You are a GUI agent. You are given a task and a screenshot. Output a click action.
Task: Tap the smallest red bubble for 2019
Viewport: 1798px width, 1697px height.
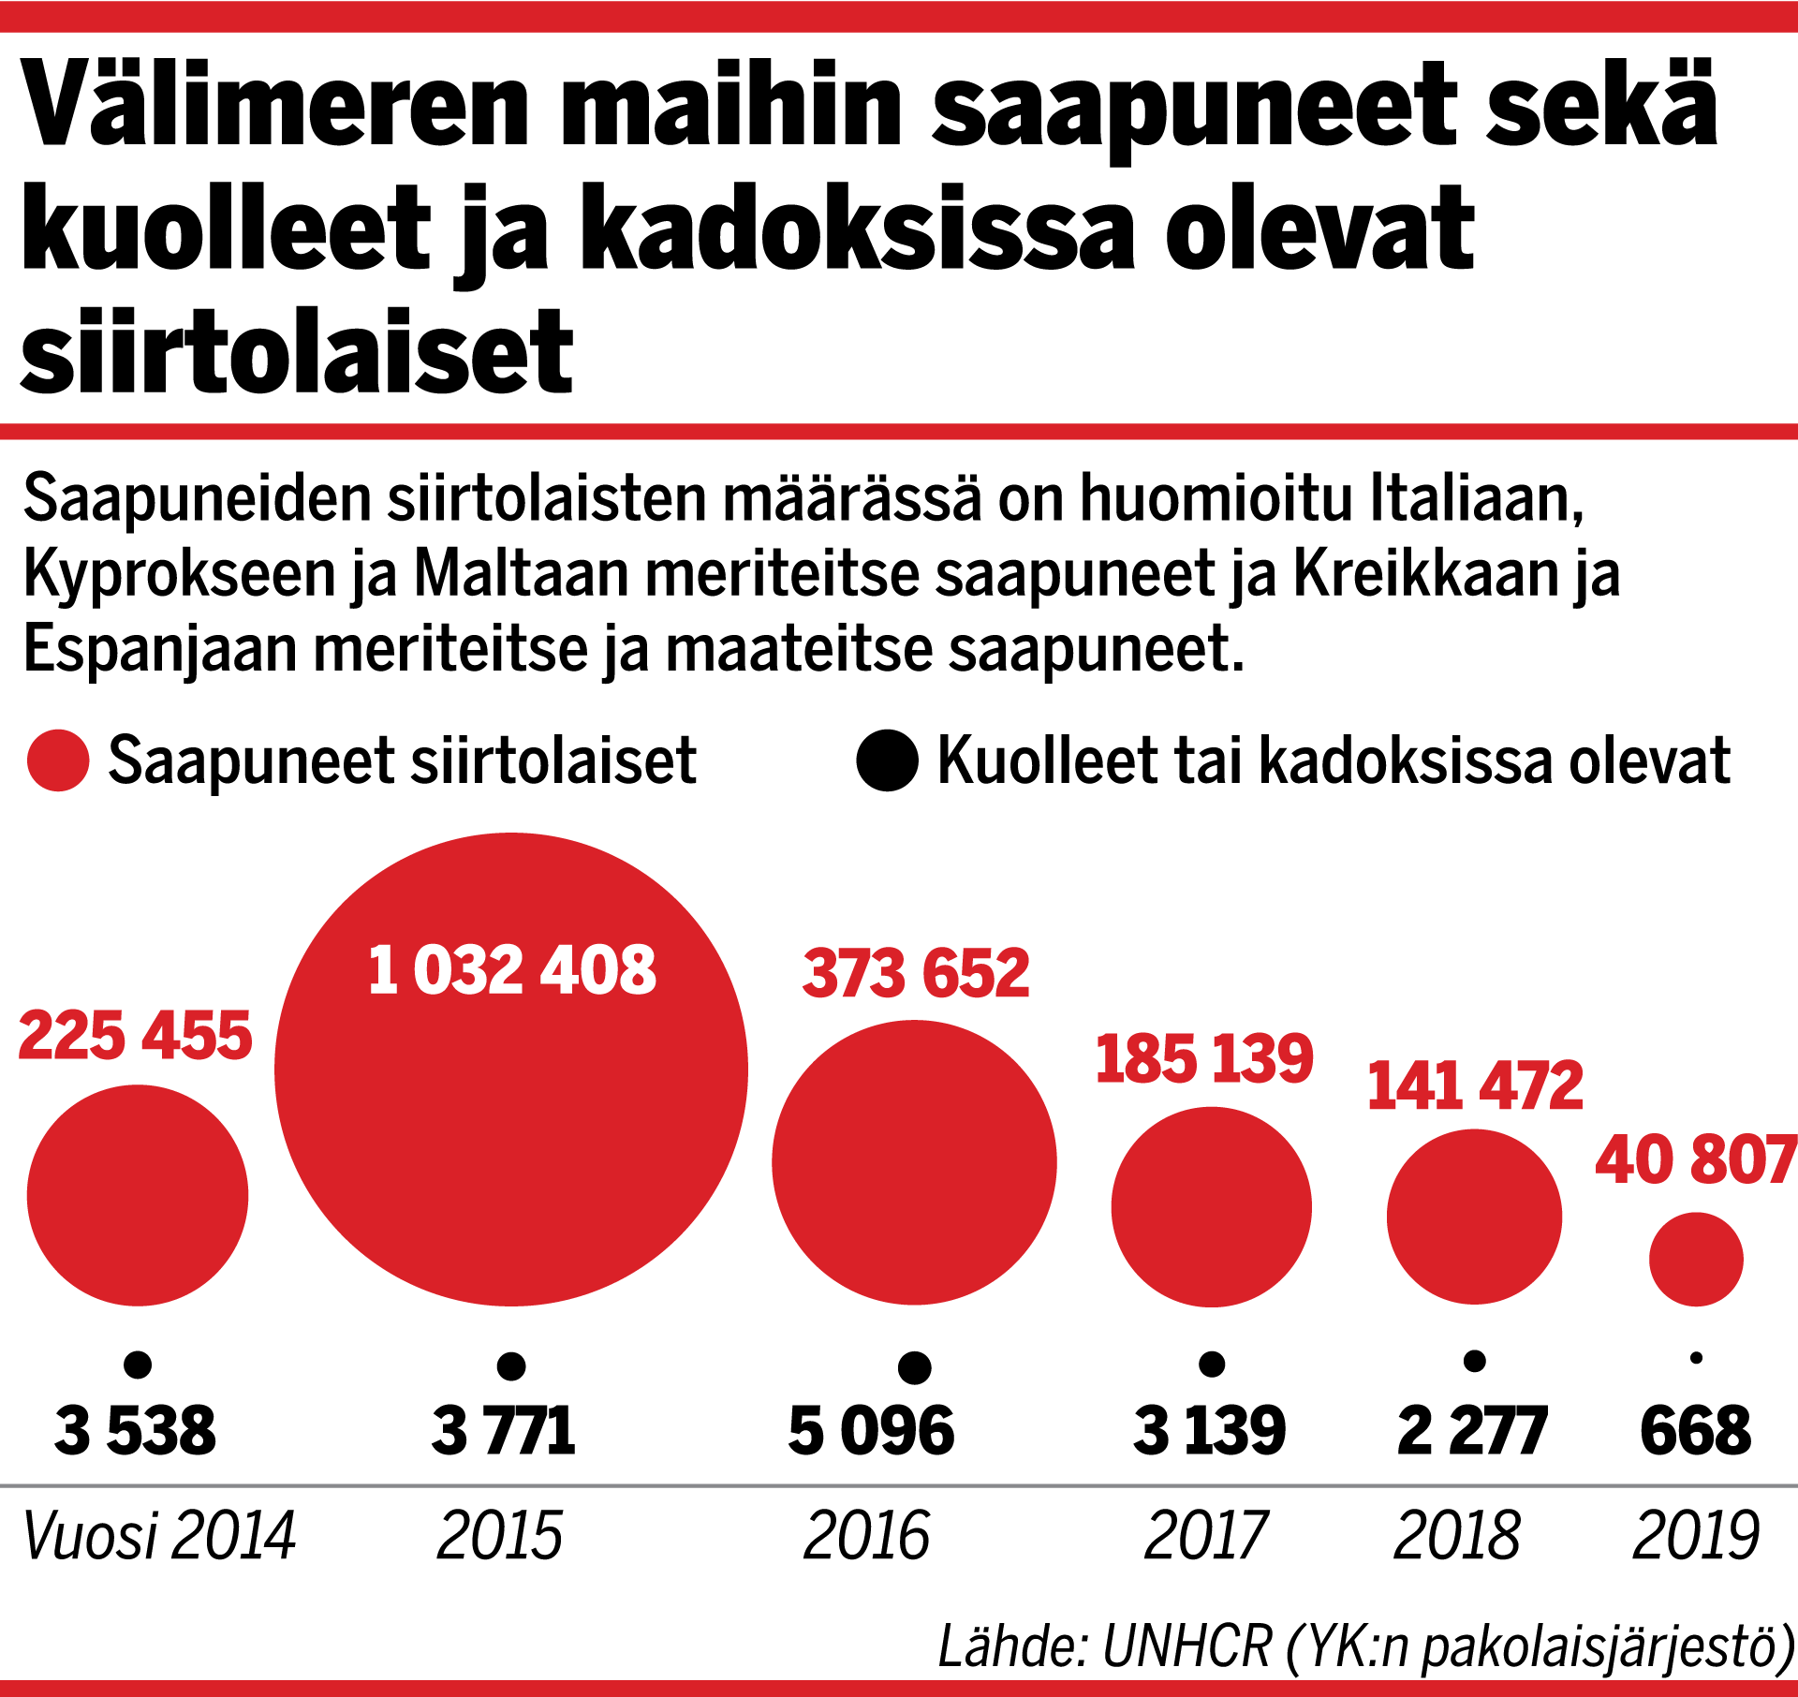pos(1696,1259)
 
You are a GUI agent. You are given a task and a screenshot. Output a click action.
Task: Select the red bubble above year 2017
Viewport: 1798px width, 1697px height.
pos(1211,1206)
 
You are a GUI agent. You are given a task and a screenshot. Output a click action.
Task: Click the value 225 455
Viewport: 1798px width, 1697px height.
pos(136,1036)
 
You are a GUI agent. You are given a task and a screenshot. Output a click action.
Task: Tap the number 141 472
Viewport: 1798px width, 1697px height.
pos(1475,1086)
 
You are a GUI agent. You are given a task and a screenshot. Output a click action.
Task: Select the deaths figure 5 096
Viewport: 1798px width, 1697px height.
pos(871,1431)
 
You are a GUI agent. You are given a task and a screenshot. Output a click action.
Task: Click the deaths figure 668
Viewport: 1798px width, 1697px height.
pos(1695,1431)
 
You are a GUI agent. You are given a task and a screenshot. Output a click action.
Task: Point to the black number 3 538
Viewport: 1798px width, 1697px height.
pos(136,1431)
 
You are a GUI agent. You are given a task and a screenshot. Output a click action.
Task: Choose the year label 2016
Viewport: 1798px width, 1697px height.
pos(866,1536)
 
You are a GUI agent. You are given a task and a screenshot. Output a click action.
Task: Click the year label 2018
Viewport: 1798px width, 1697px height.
pos(1456,1536)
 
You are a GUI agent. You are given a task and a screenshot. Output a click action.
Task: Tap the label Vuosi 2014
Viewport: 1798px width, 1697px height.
pos(159,1536)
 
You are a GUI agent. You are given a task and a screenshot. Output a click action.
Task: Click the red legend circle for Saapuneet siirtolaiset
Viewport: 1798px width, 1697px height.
pos(58,760)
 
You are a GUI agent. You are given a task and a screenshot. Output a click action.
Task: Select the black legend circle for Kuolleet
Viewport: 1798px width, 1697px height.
pos(887,760)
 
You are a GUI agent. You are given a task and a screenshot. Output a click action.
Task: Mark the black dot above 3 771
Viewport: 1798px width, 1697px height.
pos(511,1365)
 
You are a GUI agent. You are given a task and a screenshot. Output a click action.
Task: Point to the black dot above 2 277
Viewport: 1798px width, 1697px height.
pos(1475,1361)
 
